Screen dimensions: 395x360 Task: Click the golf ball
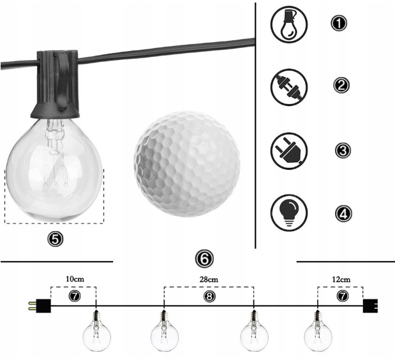point(187,164)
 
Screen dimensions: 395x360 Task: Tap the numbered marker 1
point(339,23)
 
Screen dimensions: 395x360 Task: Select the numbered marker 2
point(341,85)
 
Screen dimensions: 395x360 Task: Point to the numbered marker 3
point(343,151)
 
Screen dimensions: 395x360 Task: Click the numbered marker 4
point(343,214)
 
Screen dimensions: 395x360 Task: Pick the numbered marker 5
point(55,239)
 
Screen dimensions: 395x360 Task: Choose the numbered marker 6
point(204,259)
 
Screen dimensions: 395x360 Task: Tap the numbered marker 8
point(209,297)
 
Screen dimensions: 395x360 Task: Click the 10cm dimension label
point(75,279)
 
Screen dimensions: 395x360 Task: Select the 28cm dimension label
point(209,280)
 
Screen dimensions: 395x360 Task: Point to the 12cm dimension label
point(341,280)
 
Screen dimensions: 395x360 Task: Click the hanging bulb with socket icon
point(289,24)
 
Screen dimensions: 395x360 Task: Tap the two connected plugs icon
point(289,87)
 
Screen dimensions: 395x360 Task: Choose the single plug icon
point(289,151)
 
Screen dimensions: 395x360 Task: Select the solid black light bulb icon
point(289,213)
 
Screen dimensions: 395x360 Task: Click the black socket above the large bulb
point(56,84)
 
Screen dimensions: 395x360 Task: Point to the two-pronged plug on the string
point(40,306)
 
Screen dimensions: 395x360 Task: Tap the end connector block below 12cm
point(370,306)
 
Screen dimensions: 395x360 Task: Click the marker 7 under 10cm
point(75,296)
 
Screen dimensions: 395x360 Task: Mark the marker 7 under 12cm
point(342,296)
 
